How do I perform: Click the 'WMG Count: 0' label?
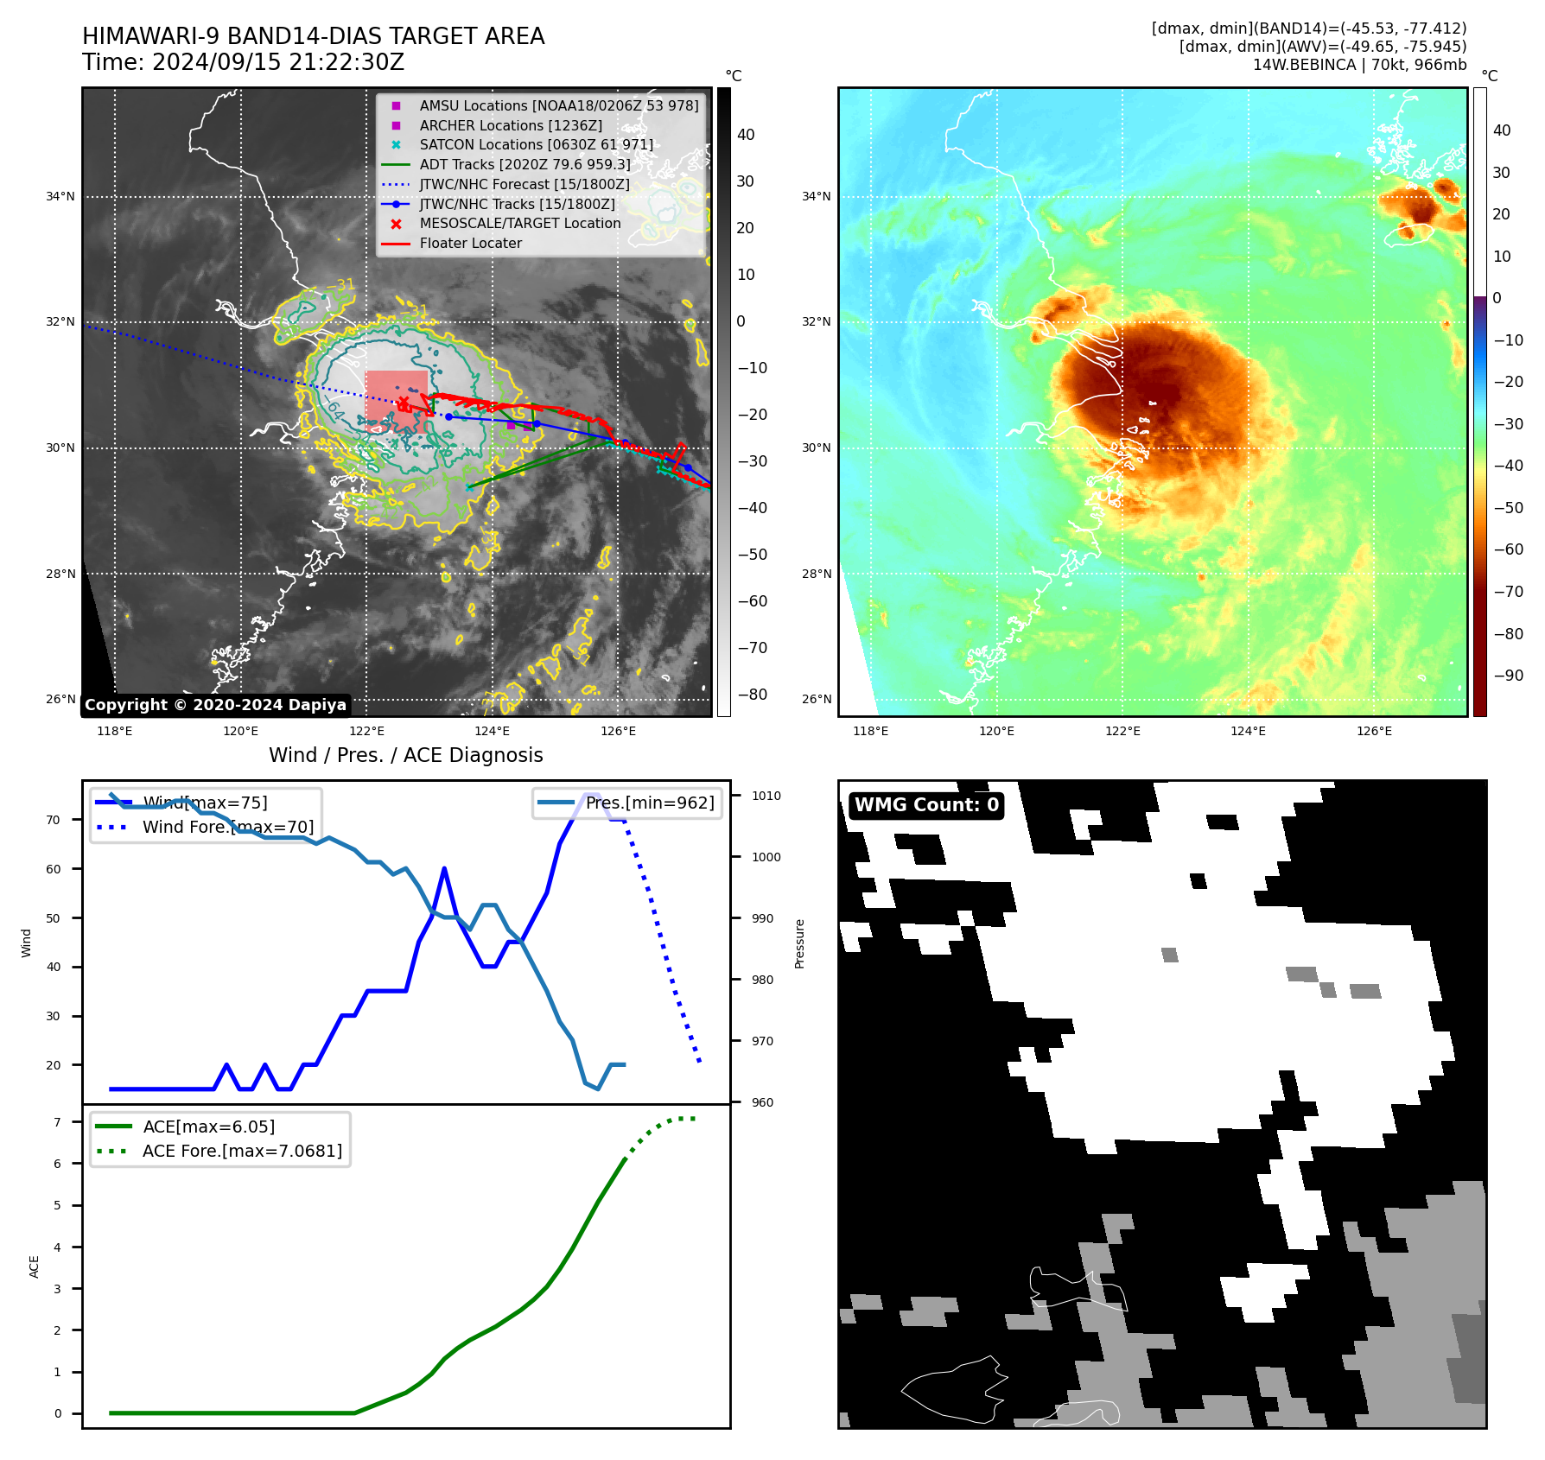click(926, 805)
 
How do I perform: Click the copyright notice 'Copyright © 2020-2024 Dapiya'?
click(215, 705)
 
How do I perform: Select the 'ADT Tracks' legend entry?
click(525, 164)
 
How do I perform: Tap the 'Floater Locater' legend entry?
click(470, 244)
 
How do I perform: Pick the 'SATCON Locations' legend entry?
click(536, 145)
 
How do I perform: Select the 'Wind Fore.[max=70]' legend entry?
click(227, 827)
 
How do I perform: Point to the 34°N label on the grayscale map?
click(60, 197)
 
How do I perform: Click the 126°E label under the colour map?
click(1374, 731)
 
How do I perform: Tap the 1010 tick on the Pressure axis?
click(766, 796)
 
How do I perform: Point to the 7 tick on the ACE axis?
click(58, 1122)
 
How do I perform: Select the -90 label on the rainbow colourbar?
click(1508, 676)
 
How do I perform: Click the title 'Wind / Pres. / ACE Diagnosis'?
click(405, 755)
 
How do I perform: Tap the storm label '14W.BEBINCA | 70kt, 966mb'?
click(1359, 65)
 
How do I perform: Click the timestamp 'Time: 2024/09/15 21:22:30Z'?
click(243, 62)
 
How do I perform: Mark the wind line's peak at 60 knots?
click(444, 869)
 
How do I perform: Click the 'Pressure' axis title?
click(799, 943)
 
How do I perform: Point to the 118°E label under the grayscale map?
click(115, 731)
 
